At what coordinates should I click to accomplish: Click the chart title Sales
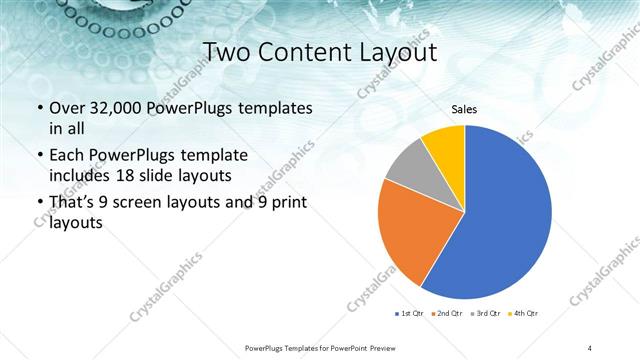coord(464,108)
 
